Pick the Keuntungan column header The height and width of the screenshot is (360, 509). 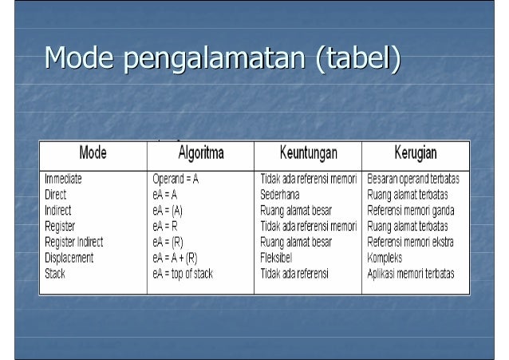[308, 152]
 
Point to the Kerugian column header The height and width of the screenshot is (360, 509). [415, 152]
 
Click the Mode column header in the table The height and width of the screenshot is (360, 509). [93, 152]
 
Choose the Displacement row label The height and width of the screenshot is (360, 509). [69, 258]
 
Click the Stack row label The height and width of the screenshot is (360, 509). [55, 273]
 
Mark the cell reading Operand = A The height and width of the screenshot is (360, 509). [176, 180]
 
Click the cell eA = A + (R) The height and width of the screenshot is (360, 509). [179, 258]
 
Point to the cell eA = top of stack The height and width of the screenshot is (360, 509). [184, 273]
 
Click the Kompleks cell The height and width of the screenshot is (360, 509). [385, 258]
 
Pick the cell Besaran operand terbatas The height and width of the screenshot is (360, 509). [418, 180]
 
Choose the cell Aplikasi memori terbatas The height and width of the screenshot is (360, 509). [410, 273]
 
